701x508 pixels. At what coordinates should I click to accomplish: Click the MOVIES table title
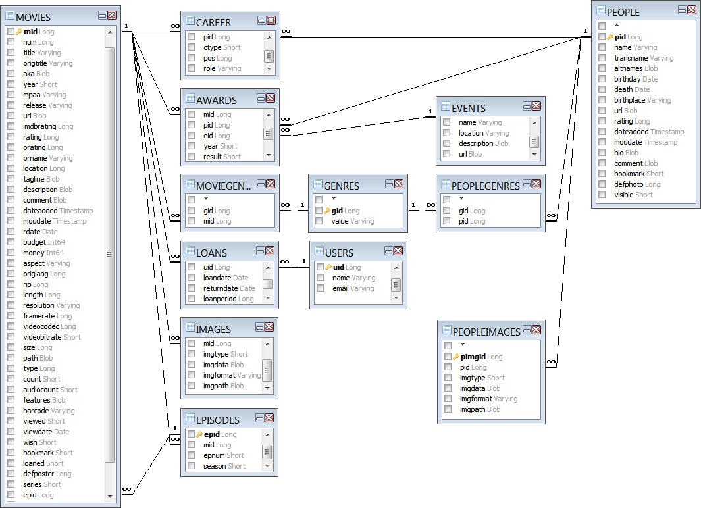[33, 17]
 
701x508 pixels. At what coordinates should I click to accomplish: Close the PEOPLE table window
[691, 10]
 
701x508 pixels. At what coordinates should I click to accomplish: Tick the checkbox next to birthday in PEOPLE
[602, 79]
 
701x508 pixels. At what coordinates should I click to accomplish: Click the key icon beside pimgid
[456, 357]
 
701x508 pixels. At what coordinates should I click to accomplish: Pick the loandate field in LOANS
[226, 278]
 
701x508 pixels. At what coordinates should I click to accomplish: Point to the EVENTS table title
[469, 108]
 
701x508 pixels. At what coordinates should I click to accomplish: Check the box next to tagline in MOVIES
[11, 179]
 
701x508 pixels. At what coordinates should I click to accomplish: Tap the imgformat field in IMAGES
[232, 375]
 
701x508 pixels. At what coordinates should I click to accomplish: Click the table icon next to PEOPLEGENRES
[446, 185]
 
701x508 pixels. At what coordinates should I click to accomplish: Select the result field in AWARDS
[222, 157]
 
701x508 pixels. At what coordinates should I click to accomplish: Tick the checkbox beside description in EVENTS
[447, 143]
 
